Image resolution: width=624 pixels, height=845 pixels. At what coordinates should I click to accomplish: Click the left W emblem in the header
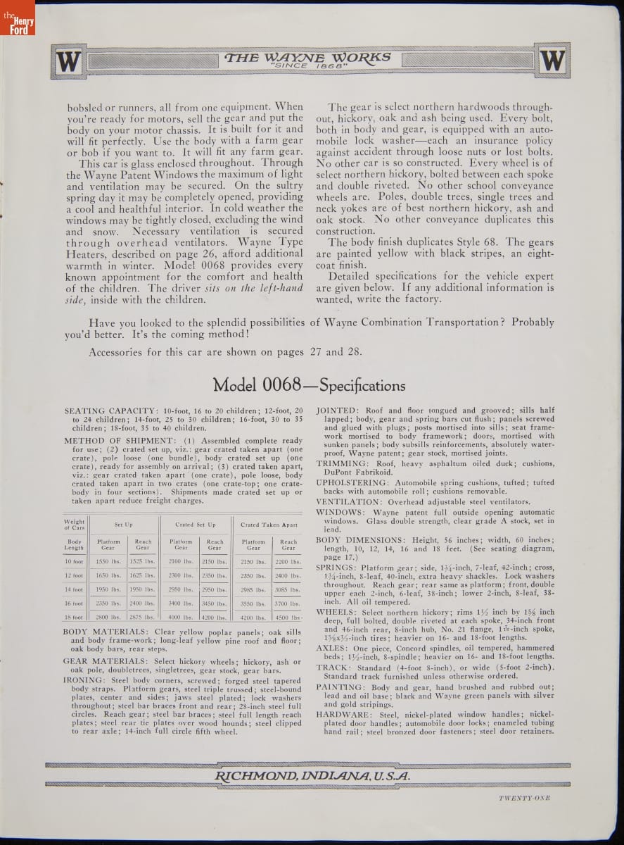pyautogui.click(x=68, y=62)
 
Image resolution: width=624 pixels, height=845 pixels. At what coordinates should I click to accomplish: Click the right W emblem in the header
pyautogui.click(x=552, y=61)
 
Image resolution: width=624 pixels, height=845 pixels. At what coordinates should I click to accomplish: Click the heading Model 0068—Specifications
pyautogui.click(x=309, y=385)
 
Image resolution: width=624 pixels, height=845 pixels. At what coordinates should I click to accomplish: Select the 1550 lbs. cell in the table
pyautogui.click(x=108, y=561)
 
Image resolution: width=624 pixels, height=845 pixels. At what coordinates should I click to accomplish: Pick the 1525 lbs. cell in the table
pyautogui.click(x=142, y=561)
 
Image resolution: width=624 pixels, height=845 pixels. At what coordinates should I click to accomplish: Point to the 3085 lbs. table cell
pyautogui.click(x=288, y=589)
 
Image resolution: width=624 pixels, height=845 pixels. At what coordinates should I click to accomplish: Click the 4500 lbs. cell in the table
pyautogui.click(x=288, y=618)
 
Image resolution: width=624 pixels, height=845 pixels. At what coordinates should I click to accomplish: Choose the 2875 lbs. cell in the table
pyautogui.click(x=142, y=618)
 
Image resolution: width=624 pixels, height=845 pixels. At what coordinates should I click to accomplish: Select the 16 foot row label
pyautogui.click(x=74, y=603)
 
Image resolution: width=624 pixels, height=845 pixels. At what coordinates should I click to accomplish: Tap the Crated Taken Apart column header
pyautogui.click(x=269, y=525)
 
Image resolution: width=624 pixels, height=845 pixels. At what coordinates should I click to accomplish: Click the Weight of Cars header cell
pyautogui.click(x=74, y=525)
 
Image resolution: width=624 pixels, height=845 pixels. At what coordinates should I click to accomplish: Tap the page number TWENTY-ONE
pyautogui.click(x=523, y=798)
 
